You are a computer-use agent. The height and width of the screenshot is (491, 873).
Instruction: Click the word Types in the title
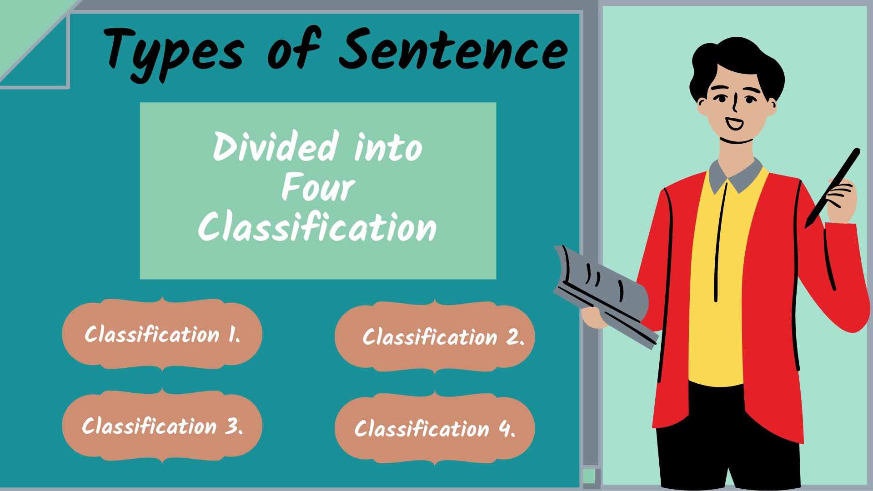pos(173,52)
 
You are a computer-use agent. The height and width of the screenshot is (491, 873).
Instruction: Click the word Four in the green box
pos(318,187)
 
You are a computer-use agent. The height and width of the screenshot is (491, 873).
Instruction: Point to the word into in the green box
pos(388,147)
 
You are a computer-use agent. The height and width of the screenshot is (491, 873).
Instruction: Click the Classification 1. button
pos(162,334)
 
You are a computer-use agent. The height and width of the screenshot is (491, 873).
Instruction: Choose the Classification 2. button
pos(435,337)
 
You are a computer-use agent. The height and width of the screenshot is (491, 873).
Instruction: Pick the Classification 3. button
pos(162,426)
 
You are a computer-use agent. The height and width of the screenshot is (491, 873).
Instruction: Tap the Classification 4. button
pos(435,429)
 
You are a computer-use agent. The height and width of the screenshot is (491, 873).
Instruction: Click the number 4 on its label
pos(505,429)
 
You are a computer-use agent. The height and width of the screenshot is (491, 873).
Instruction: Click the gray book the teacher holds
pos(605,291)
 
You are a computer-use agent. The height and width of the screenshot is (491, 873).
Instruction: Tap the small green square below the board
pos(589,476)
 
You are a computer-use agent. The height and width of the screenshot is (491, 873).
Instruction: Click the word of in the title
pos(294,50)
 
